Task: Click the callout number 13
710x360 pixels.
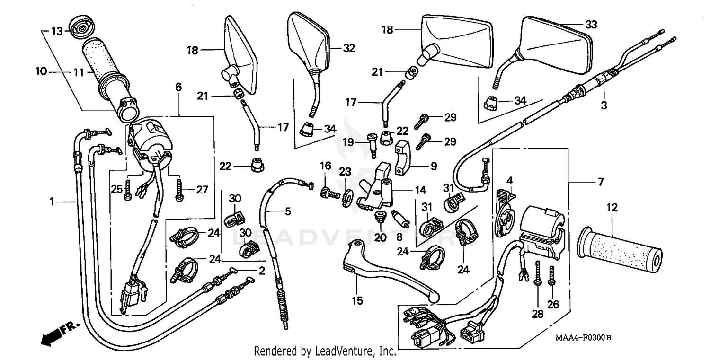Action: click(56, 31)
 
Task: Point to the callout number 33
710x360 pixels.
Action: click(591, 25)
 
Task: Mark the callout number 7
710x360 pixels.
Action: click(601, 182)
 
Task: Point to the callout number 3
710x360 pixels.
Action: click(603, 105)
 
